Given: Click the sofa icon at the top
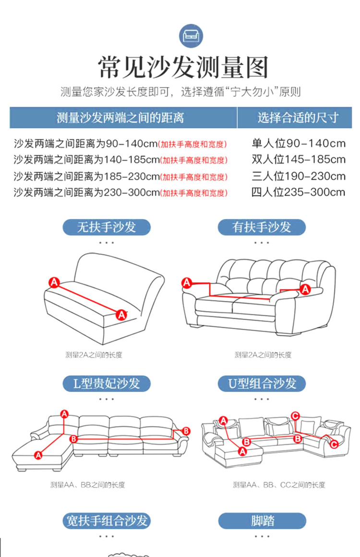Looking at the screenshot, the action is click(191, 36).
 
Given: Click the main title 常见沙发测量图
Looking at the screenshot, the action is click(183, 67).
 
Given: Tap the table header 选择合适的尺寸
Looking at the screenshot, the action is click(298, 118).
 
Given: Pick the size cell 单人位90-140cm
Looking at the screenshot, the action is click(299, 143).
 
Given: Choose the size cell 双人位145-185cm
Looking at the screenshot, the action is click(299, 159).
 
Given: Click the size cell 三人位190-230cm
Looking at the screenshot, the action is click(299, 176).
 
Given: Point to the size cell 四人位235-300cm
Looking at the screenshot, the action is click(299, 192).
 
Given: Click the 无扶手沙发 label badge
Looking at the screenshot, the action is click(107, 226).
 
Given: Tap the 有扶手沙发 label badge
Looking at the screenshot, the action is click(262, 226).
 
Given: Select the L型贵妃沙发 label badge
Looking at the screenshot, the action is click(107, 383).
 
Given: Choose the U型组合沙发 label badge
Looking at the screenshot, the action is click(262, 383).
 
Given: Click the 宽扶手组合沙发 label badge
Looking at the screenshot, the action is click(107, 521).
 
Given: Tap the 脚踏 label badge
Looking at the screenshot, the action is click(262, 521).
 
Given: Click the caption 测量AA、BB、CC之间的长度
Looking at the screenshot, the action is click(279, 485).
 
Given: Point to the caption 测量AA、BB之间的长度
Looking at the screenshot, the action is click(88, 485).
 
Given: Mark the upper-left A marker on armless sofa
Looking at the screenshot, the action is click(54, 282).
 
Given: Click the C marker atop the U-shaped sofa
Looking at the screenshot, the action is click(296, 415).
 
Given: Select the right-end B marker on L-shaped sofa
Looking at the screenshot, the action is click(187, 430).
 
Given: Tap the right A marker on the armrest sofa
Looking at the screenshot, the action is click(305, 288).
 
